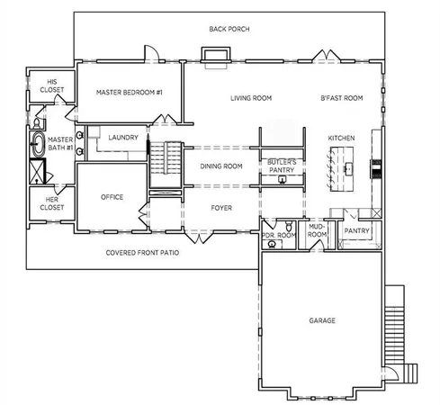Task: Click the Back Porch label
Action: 229,29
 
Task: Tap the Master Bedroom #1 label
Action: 130,93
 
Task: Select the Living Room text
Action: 251,98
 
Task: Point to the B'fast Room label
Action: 342,98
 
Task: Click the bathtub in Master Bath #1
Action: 38,144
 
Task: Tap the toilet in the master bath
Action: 37,123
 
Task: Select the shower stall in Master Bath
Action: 37,171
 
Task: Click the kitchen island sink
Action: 348,169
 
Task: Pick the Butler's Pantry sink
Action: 282,179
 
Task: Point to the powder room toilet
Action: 289,226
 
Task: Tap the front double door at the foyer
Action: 199,238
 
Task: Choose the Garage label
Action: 322,320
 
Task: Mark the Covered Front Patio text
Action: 142,253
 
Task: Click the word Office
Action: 112,197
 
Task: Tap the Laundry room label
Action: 123,138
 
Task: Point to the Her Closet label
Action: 52,203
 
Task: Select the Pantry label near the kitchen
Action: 356,230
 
